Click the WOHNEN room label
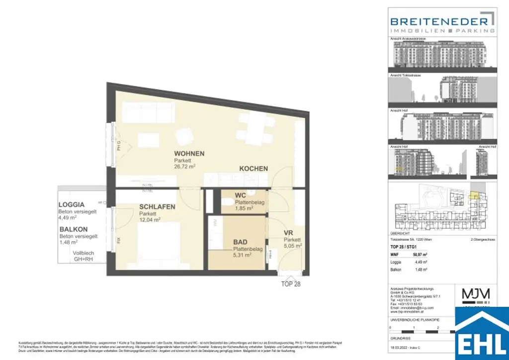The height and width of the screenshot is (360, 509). pos(189,154)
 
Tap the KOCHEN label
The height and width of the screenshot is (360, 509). pos(254,169)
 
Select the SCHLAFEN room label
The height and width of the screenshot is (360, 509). pos(157,206)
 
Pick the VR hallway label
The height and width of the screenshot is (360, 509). pos(288,233)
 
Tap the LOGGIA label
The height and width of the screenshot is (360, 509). pos(72,204)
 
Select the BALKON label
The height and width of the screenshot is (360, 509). pos(74,229)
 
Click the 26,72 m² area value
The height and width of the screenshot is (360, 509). pos(184,168)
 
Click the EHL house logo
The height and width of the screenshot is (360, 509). pos(482,333)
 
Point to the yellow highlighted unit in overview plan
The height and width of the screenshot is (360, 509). pos(475,196)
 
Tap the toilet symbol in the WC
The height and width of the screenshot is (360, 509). pos(227,202)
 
